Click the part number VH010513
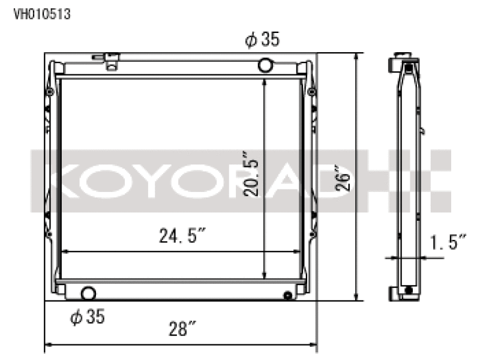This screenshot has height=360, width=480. click(42, 14)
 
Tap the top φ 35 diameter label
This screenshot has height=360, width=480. click(262, 40)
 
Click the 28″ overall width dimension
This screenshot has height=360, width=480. click(182, 329)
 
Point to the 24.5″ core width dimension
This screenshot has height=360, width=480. click(182, 236)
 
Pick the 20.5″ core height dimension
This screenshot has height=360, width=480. click(251, 173)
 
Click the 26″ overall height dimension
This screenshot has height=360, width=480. click(343, 178)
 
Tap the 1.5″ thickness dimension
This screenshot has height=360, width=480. click(448, 242)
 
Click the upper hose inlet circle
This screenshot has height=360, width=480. click(265, 65)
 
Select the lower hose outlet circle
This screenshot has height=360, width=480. click(88, 293)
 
